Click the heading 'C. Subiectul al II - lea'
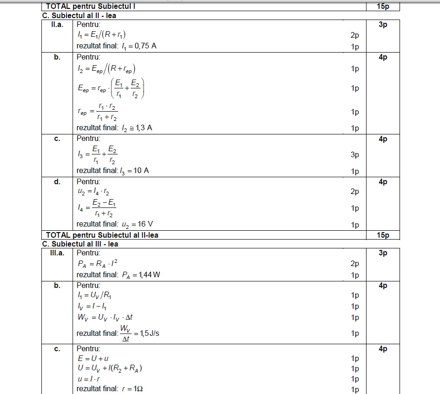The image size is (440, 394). [79, 15]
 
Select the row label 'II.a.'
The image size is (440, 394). [57, 25]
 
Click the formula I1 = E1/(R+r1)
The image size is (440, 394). [101, 34]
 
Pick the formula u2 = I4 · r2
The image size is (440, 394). [93, 191]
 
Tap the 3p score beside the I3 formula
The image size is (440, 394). [355, 155]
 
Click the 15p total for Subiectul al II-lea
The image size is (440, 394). [383, 235]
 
